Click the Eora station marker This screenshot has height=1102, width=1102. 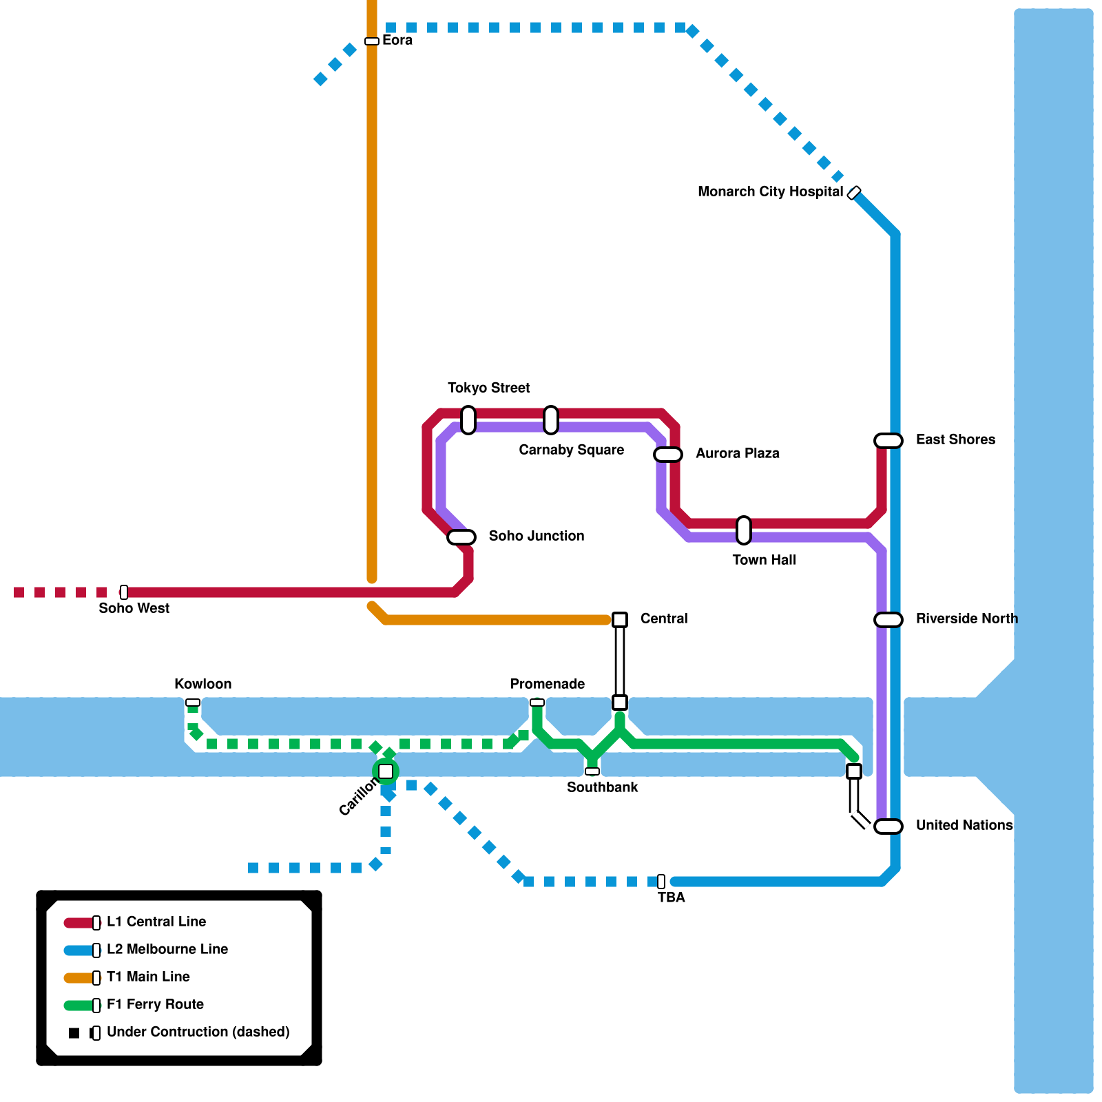pyautogui.click(x=372, y=41)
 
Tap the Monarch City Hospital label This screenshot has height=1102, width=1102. pyautogui.click(x=770, y=191)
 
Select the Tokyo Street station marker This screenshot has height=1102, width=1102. pyautogui.click(x=468, y=420)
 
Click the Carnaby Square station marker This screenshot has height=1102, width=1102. pyautogui.click(x=551, y=420)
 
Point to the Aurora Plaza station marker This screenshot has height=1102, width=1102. pyautogui.click(x=668, y=455)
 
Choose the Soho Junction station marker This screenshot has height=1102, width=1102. pyautogui.click(x=461, y=537)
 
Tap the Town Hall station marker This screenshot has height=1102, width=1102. pyautogui.click(x=744, y=530)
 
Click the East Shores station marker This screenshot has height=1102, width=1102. pyautogui.click(x=888, y=441)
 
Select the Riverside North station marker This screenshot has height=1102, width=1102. pyautogui.click(x=888, y=620)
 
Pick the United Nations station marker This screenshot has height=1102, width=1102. pyautogui.click(x=888, y=826)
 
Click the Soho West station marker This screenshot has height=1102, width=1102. pyautogui.click(x=124, y=592)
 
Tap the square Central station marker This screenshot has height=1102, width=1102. pyautogui.click(x=620, y=620)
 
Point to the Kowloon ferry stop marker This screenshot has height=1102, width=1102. pyautogui.click(x=193, y=703)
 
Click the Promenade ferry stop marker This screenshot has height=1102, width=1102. pyautogui.click(x=537, y=703)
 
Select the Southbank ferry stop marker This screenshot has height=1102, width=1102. pyautogui.click(x=592, y=771)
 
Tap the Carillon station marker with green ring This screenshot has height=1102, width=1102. pyautogui.click(x=386, y=771)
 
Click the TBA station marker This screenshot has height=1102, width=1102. pyautogui.click(x=661, y=882)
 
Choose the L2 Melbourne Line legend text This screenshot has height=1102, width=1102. pyautogui.click(x=167, y=949)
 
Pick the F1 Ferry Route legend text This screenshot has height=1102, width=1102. pyautogui.click(x=155, y=1004)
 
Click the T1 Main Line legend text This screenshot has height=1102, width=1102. pyautogui.click(x=148, y=977)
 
